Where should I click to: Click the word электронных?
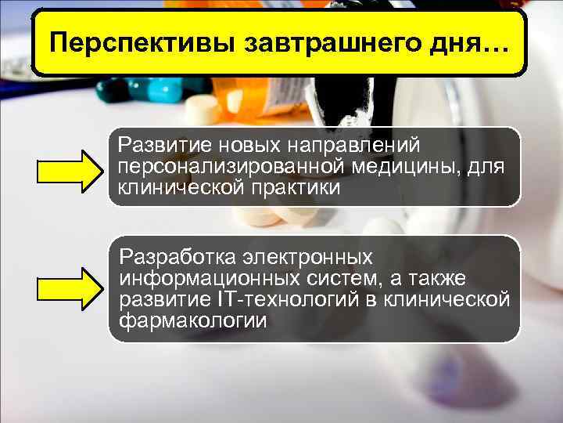(315, 257)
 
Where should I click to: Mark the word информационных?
(198, 279)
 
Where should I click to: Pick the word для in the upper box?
(486, 166)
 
